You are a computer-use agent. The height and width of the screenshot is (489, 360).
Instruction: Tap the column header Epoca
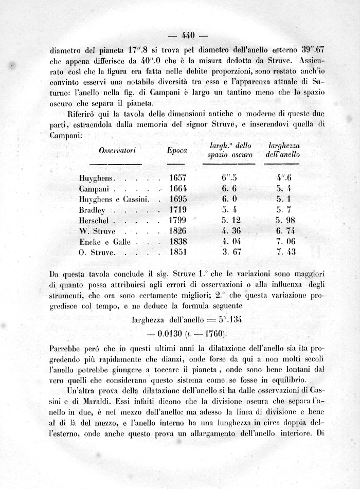177,151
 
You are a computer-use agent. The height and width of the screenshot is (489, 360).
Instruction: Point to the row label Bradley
93,210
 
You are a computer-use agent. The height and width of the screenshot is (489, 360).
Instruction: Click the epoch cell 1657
177,178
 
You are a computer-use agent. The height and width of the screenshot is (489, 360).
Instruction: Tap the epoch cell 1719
177,210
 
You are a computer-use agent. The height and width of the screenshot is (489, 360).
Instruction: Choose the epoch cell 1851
177,252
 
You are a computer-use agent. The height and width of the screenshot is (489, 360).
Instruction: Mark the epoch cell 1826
177,231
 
